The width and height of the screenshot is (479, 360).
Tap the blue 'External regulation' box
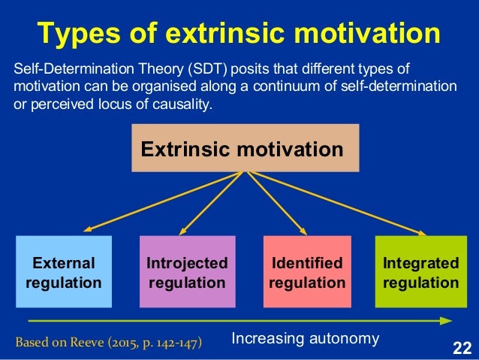click(64, 272)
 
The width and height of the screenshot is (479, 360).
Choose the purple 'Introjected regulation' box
click(187, 272)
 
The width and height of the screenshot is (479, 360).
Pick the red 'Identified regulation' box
click(306, 272)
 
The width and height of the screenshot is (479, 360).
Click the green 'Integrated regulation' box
click(420, 272)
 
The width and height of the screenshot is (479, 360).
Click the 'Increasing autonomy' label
click(305, 338)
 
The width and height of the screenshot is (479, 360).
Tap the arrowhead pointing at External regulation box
click(86, 229)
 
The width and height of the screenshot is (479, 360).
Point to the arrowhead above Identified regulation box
click(304, 231)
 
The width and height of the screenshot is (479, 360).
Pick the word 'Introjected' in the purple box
click(187, 264)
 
